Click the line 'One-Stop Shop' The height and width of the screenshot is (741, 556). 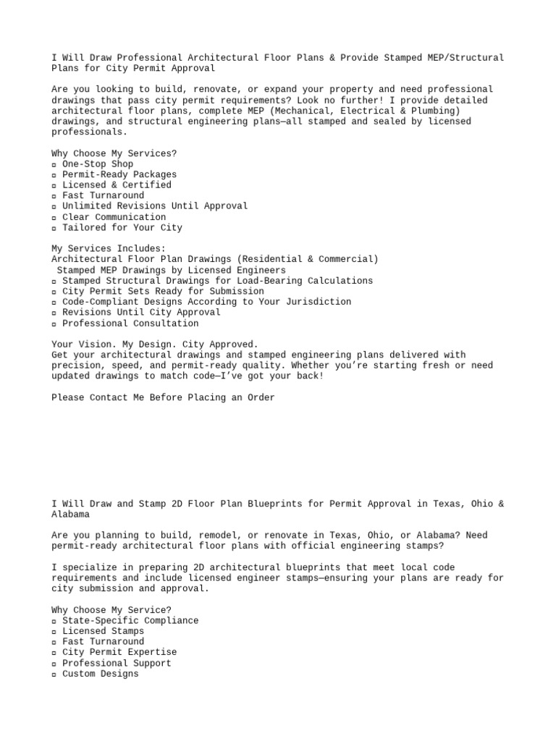coord(98,164)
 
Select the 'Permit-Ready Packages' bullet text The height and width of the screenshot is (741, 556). coord(119,174)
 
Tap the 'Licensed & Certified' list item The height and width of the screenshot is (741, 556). coord(117,185)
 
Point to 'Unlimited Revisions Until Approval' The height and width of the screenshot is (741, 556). coord(155,206)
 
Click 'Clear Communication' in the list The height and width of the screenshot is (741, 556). coord(114,217)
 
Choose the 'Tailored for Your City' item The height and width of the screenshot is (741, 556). coord(122,227)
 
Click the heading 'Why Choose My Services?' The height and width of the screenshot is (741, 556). coord(114,153)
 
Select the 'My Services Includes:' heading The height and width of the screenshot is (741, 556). coord(109,248)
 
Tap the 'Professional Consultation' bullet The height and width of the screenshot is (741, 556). coord(130,323)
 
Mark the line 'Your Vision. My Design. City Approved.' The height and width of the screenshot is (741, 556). coord(155,344)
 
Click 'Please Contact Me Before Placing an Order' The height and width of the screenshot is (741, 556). coord(163,397)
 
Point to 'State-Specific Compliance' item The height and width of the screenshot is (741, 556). coord(130,621)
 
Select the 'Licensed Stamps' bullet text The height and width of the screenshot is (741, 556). coord(103,631)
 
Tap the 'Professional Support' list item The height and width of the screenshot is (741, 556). coord(117,663)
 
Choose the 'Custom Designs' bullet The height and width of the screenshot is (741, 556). coord(100,674)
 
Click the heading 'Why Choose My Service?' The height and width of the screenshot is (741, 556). coord(111,610)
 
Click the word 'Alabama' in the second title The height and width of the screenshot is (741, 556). coord(71,515)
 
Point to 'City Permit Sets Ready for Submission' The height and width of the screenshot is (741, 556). coord(163,291)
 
